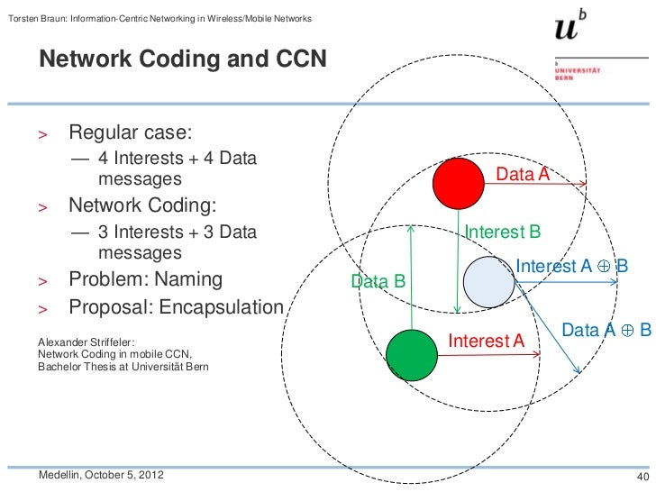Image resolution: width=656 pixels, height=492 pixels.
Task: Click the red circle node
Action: (460, 184)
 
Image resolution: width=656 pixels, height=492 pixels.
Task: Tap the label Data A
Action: (523, 175)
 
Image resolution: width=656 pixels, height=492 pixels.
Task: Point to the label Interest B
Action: (502, 232)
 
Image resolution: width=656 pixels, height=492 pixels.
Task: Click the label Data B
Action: (378, 282)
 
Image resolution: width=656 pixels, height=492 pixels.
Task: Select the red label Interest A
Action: (486, 341)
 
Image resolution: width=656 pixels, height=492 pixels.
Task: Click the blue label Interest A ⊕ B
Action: (571, 266)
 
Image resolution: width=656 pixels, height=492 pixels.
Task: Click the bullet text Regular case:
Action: (131, 132)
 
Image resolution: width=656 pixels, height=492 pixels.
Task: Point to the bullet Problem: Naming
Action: (145, 278)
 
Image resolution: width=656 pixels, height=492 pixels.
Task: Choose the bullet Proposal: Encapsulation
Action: (176, 307)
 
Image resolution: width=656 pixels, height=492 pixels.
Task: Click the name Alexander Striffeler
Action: (85, 342)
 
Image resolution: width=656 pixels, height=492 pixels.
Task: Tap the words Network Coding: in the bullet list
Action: (138, 204)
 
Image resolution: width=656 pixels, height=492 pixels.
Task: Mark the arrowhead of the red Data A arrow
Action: (584, 185)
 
